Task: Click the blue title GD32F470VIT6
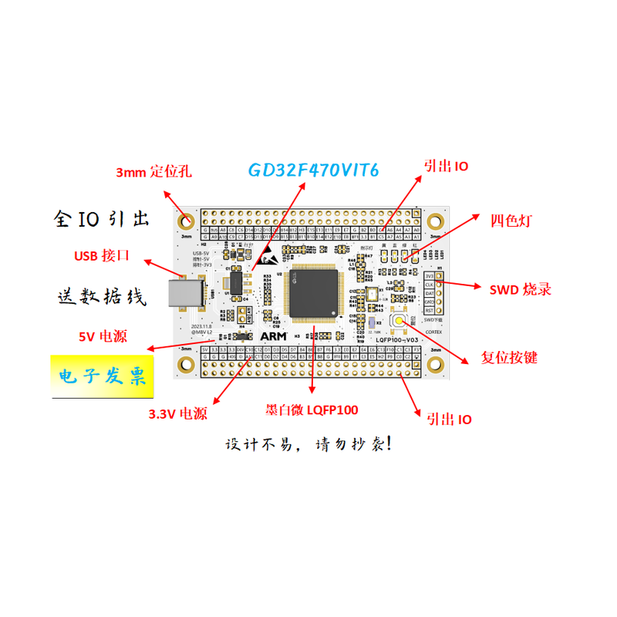coord(313,170)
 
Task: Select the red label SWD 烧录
coord(521,290)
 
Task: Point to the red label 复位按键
coord(509,357)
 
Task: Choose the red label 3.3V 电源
coord(178,413)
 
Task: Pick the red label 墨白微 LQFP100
coord(312,410)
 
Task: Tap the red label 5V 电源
coord(103,336)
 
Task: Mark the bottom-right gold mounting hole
coord(435,363)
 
